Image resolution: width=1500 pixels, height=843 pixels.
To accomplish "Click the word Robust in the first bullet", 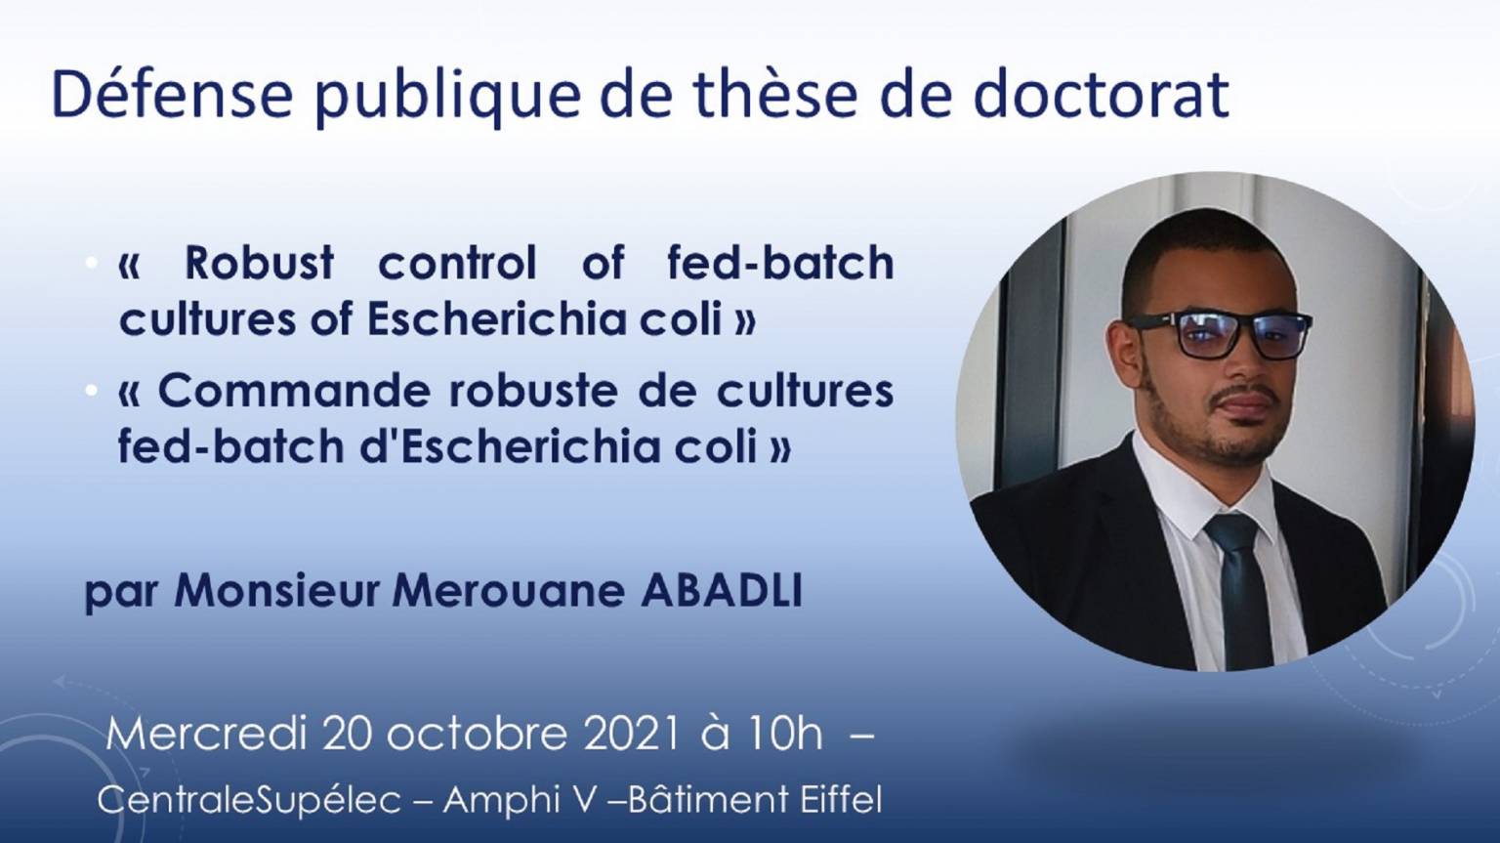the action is pyautogui.click(x=259, y=262).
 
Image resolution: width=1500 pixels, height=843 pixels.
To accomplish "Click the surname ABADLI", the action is pyautogui.click(x=722, y=591).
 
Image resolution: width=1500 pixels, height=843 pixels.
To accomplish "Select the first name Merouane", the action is pyautogui.click(x=508, y=591).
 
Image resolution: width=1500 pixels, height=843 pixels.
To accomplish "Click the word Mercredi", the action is pyautogui.click(x=206, y=734).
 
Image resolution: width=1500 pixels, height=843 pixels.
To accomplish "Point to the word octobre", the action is pyautogui.click(x=477, y=734).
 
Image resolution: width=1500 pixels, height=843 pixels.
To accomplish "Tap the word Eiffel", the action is pyautogui.click(x=841, y=799).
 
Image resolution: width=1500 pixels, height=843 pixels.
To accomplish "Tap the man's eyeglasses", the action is pyautogui.click(x=1220, y=333).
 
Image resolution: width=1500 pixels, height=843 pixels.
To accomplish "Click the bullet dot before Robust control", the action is pyautogui.click(x=91, y=263).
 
